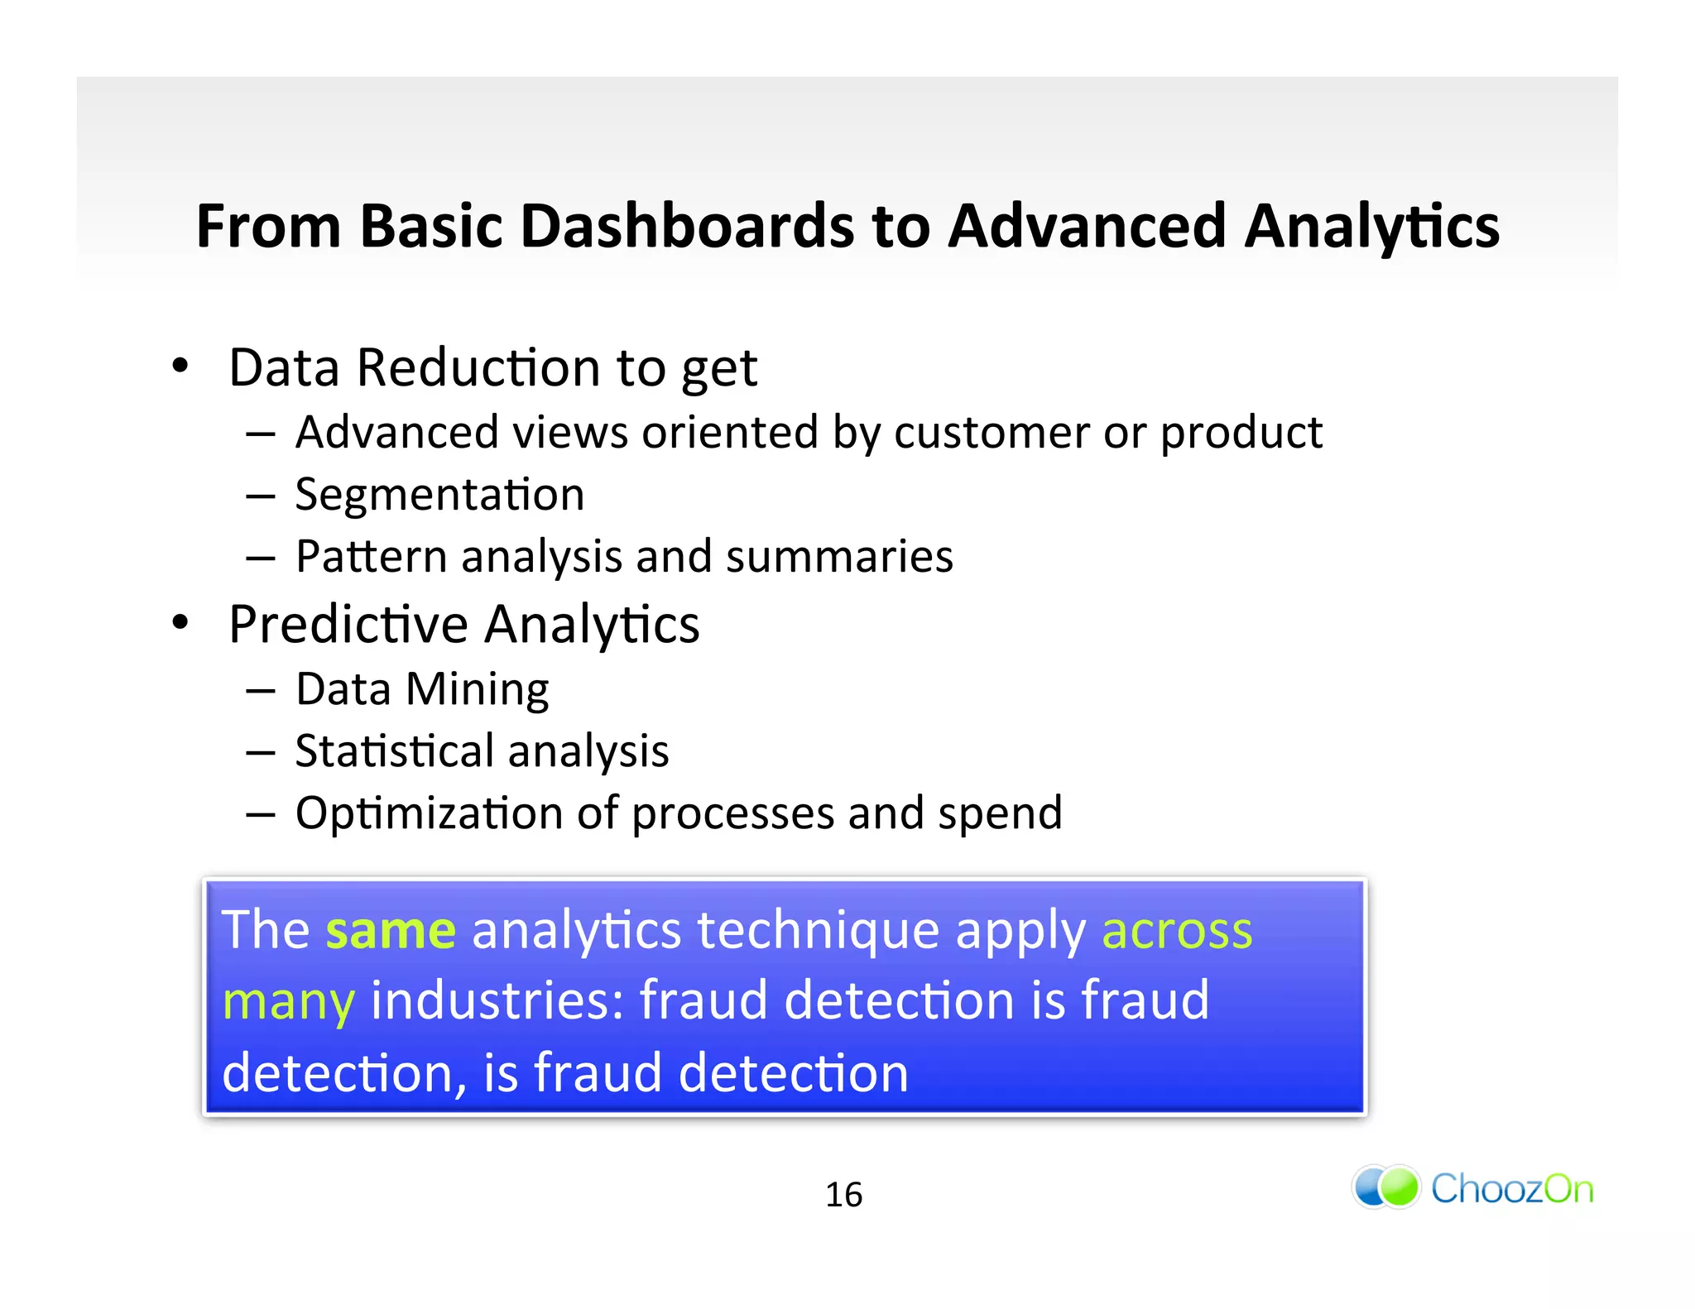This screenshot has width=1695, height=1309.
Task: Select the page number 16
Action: coord(843,1195)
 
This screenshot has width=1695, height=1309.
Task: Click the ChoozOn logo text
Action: coord(1511,1189)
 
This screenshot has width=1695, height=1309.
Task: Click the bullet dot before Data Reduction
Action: coord(180,365)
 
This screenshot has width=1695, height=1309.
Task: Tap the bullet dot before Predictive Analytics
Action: coord(180,621)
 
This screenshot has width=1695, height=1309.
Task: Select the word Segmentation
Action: coord(439,495)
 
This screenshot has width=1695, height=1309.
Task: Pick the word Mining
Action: coord(477,689)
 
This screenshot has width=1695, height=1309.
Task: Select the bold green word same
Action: coord(391,930)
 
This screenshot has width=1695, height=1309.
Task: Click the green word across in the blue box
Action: coord(1176,930)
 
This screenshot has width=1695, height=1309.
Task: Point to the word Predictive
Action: coord(348,624)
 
